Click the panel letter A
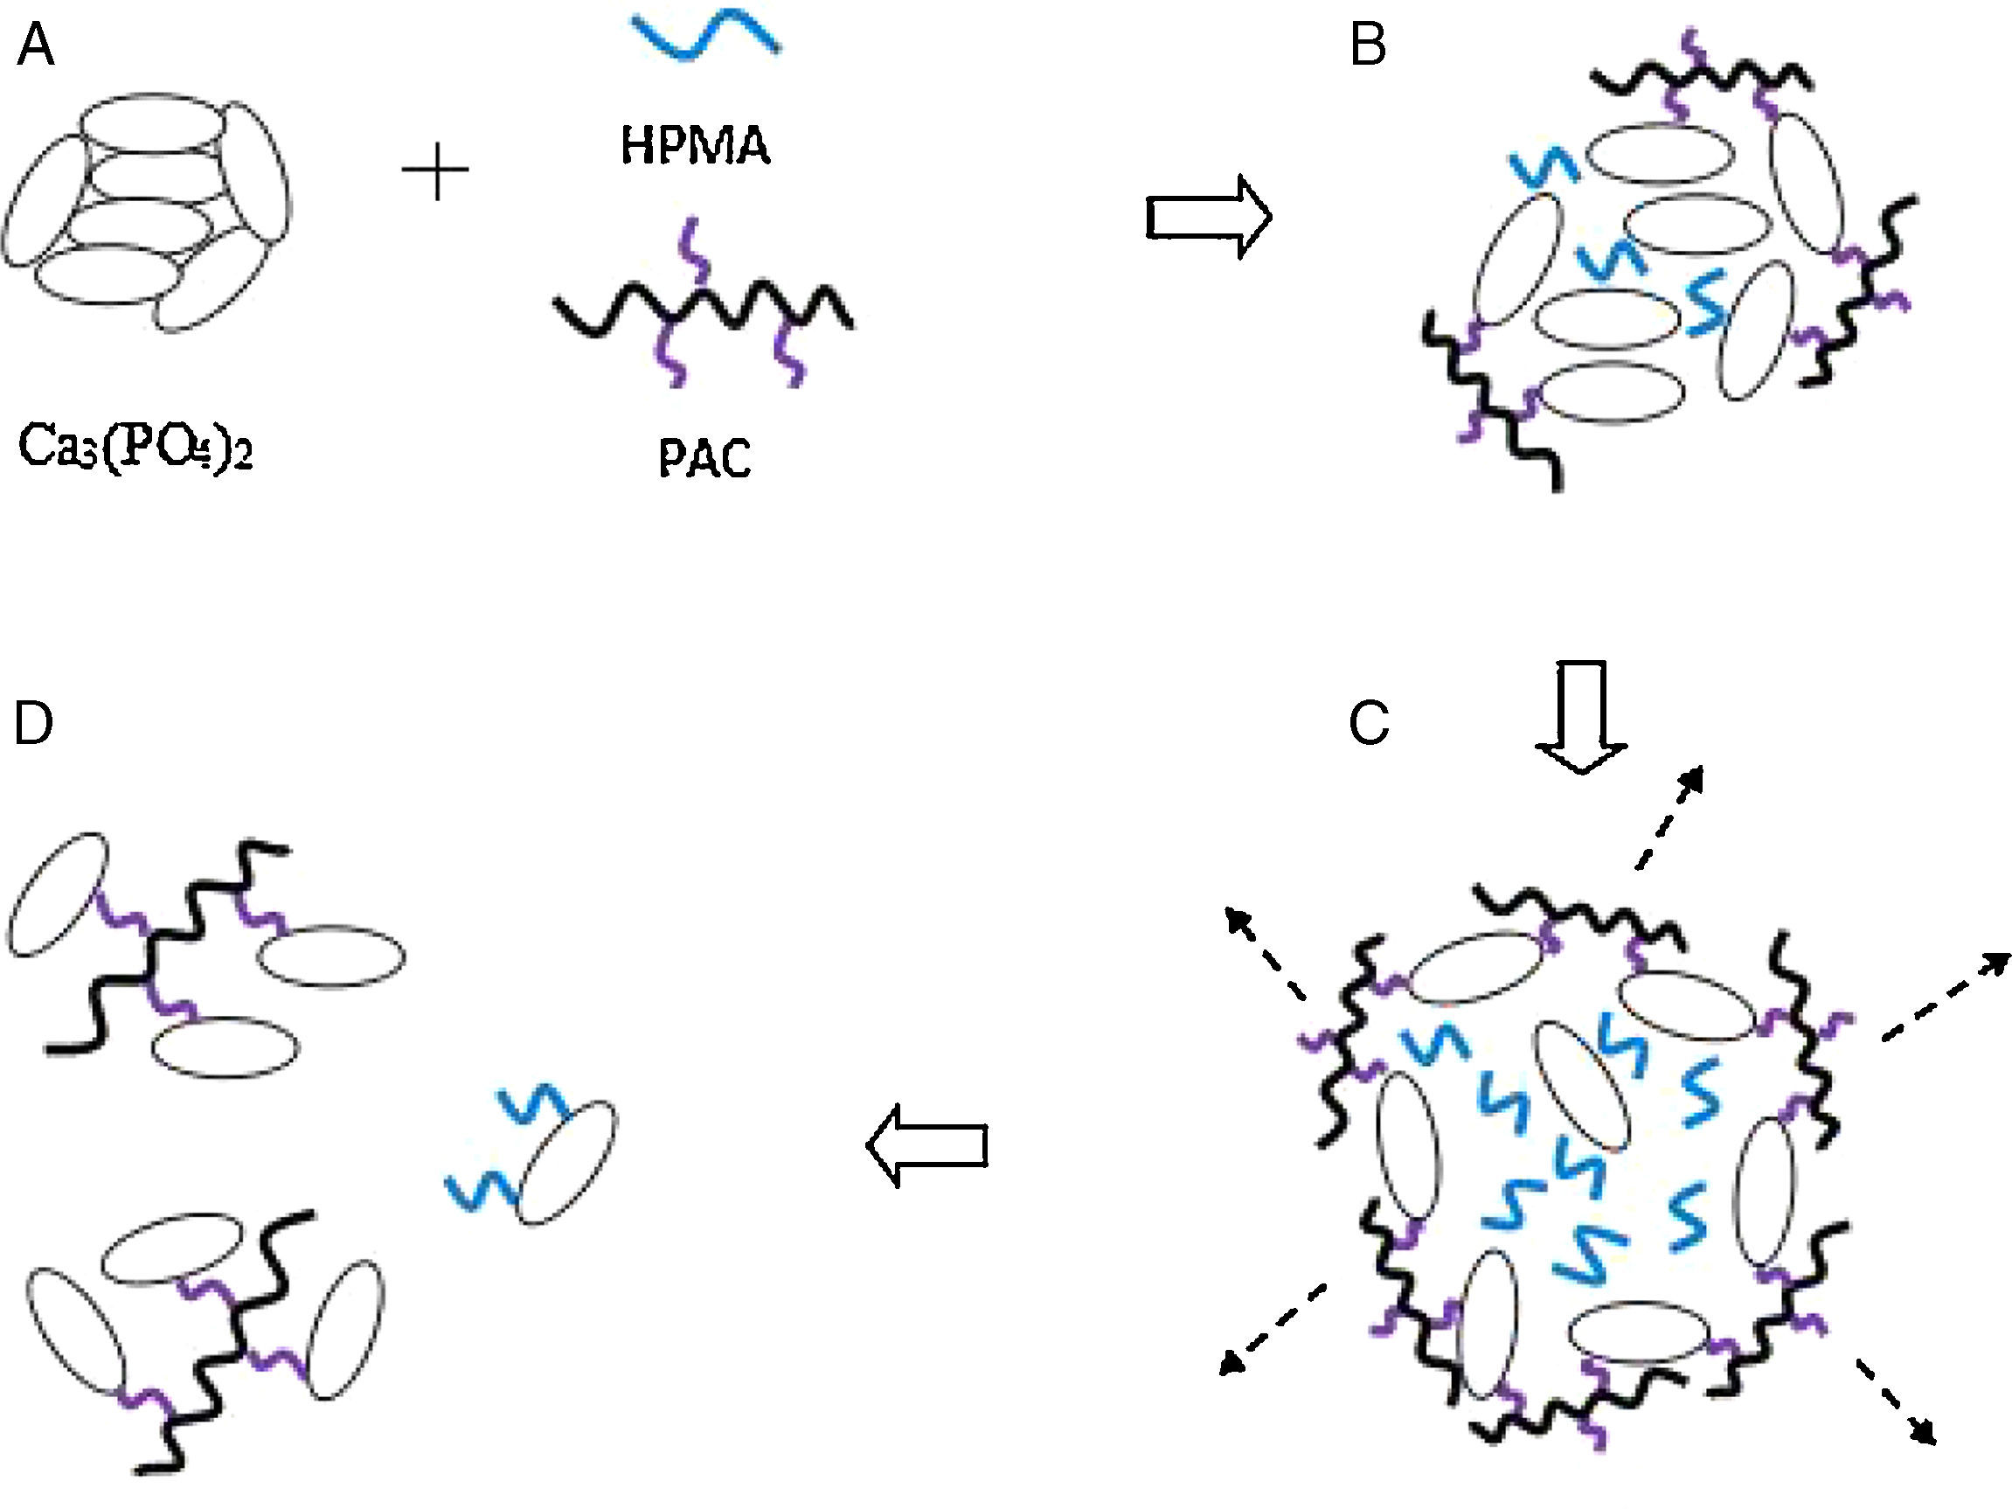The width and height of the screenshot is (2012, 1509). tap(37, 46)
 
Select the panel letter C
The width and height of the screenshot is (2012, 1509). tap(1369, 724)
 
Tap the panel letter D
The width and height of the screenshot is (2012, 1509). tap(34, 724)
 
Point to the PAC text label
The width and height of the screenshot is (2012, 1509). tap(705, 459)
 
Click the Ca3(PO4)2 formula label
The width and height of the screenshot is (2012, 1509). tap(135, 448)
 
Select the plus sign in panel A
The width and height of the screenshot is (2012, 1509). tap(435, 171)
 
